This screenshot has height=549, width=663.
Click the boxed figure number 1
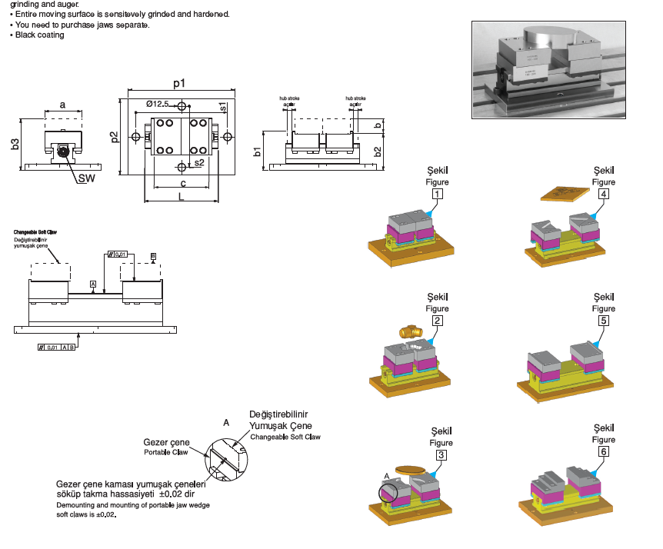click(437, 195)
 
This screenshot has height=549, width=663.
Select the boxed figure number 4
click(604, 195)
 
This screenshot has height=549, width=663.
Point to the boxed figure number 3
click(441, 455)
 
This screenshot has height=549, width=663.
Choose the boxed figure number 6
click(604, 452)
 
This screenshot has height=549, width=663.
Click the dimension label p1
click(179, 82)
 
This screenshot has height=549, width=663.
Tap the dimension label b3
click(15, 143)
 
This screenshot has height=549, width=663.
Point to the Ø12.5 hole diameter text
click(158, 104)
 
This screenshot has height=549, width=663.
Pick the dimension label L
click(180, 197)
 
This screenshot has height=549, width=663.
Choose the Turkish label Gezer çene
click(166, 442)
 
